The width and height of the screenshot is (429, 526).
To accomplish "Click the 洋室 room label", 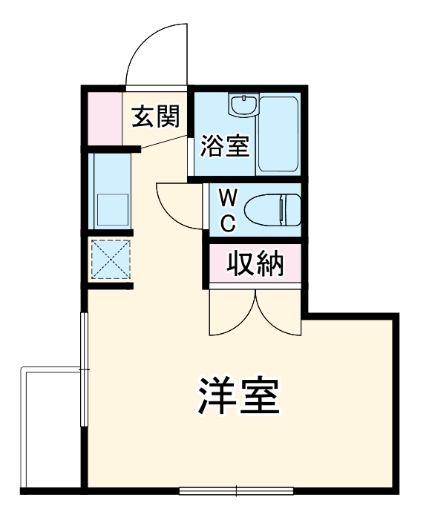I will [239, 398].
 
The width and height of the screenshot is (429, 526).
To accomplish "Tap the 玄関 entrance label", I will [155, 116].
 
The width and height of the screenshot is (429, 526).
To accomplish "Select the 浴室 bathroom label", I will [223, 145].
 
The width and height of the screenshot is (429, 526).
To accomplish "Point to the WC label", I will [229, 209].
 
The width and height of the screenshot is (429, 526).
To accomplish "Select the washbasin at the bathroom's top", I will [241, 106].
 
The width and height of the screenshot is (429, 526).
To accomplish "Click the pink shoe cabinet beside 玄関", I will [102, 117].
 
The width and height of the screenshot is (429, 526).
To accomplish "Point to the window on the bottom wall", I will [236, 490].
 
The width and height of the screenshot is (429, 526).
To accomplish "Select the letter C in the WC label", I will [229, 220].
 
